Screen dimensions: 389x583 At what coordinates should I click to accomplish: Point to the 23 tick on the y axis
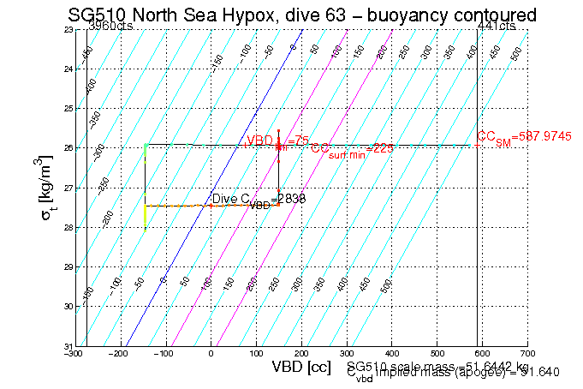[x=68, y=30]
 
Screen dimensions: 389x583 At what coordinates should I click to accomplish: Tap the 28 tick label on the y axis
[x=68, y=228]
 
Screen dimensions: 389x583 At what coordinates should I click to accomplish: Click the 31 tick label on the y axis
[x=68, y=345]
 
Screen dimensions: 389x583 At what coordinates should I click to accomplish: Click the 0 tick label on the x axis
[x=211, y=353]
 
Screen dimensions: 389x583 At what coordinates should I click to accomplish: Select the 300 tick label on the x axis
[x=347, y=353]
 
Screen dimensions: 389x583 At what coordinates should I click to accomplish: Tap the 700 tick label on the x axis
[x=527, y=353]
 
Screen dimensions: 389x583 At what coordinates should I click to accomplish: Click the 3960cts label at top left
[x=112, y=27]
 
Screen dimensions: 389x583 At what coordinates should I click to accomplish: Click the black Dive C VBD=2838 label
[x=259, y=200]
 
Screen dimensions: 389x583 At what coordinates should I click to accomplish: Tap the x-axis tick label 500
[x=437, y=353]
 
